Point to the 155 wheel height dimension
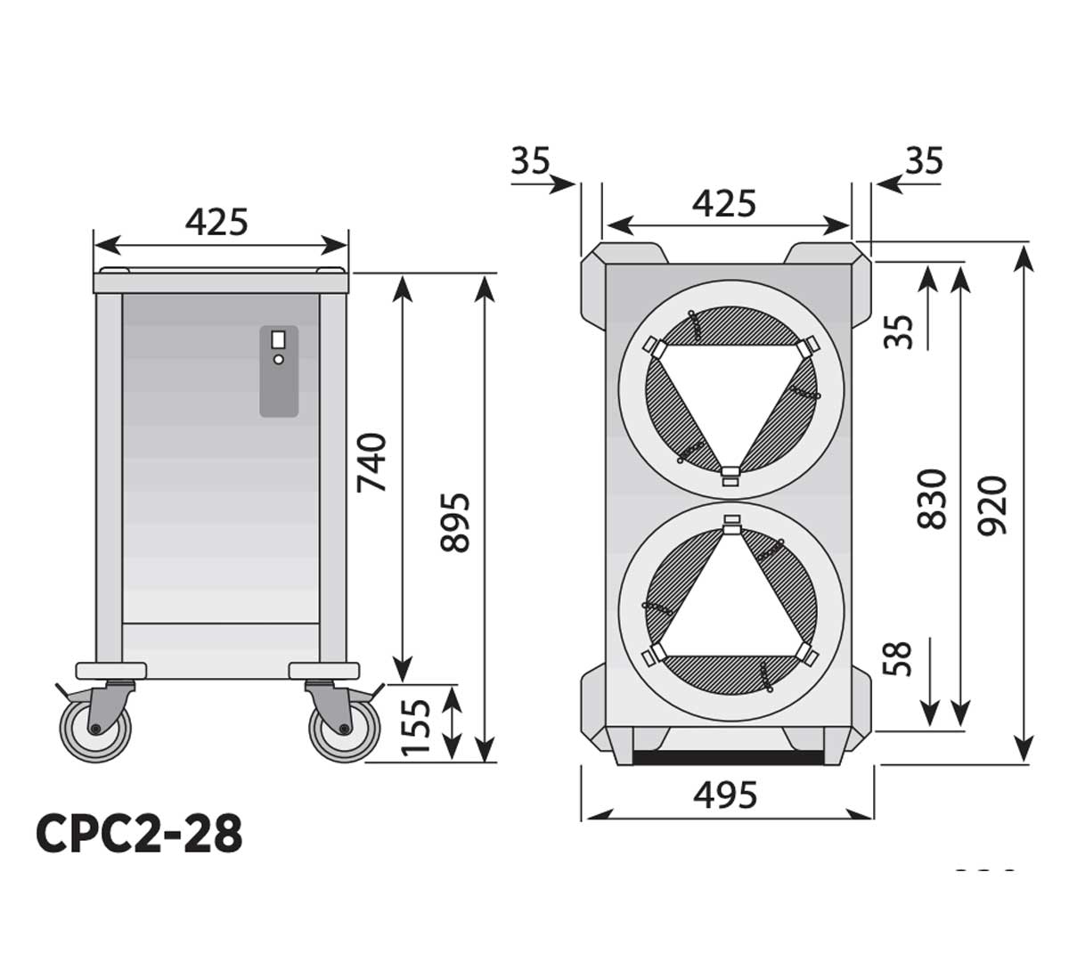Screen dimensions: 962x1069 tap(417, 725)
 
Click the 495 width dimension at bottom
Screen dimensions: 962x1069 tap(726, 794)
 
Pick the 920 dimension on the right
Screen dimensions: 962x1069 tap(993, 505)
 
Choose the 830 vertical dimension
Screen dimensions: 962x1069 tap(932, 499)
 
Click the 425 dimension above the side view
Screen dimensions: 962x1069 tap(216, 221)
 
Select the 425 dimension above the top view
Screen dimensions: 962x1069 tap(724, 203)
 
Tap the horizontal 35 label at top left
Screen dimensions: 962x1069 tap(530, 161)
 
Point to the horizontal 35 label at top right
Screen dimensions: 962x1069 tap(924, 161)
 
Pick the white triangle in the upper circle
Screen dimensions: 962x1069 tap(730, 392)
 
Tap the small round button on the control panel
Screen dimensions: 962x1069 tap(279, 359)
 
